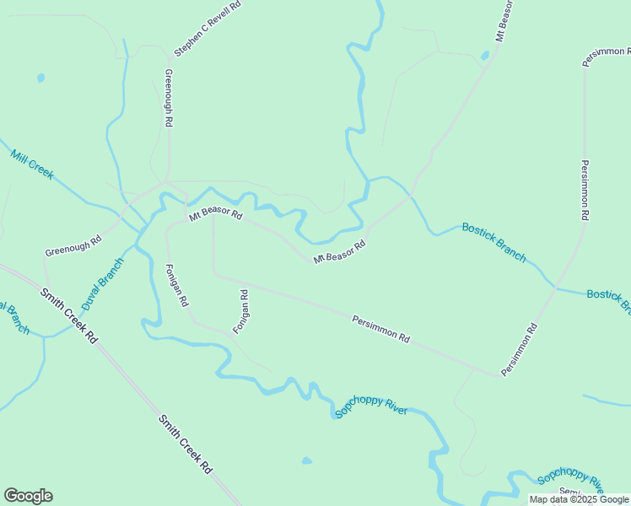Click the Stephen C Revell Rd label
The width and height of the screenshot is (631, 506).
208,28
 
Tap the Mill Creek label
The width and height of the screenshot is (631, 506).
32,164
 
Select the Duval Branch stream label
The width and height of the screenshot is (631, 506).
103,283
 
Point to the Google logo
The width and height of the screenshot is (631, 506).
28,496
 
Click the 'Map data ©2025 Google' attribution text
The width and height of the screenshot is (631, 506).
579,499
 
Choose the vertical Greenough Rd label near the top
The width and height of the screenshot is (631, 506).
169,98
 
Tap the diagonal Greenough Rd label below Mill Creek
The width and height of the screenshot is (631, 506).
73,245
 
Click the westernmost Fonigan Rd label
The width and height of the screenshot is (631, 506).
176,285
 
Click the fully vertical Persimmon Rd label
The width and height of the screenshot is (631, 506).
584,190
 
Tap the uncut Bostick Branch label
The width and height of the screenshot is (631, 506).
493,242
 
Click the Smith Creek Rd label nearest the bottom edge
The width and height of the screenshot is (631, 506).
185,444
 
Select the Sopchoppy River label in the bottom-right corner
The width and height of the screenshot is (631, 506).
571,481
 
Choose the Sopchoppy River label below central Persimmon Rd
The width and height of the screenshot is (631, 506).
371,405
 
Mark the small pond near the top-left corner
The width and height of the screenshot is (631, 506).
40,78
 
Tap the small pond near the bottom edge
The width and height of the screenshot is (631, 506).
306,460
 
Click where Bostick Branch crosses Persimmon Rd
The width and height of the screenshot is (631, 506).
554,288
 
